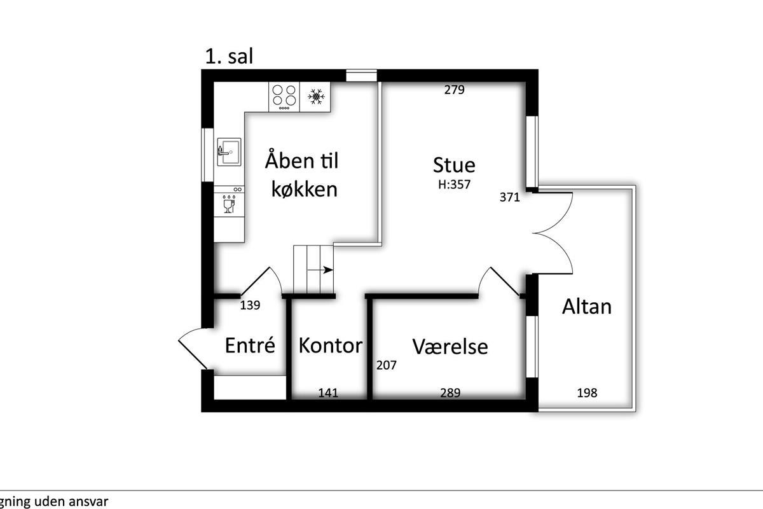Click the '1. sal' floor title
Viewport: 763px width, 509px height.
pos(230,56)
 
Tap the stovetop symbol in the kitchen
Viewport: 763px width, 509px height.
pos(284,97)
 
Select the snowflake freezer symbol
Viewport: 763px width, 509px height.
pos(316,97)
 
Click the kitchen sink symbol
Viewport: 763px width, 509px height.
pos(230,151)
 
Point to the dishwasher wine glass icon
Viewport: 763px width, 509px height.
pos(229,205)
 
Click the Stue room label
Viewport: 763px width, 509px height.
pos(454,165)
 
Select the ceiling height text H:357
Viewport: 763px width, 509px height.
pos(454,185)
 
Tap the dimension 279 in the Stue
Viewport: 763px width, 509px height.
pos(455,90)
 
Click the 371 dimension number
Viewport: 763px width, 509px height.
pos(509,197)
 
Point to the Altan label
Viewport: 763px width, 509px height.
pos(586,307)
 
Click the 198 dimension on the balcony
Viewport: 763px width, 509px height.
pos(587,393)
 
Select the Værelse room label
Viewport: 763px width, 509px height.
pos(450,346)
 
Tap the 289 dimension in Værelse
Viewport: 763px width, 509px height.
pos(450,393)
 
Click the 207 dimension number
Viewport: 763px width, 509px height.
pos(387,365)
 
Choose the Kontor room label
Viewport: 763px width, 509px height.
pos(331,345)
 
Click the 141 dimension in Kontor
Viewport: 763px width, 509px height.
pos(328,393)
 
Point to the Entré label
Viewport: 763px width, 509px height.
pos(250,345)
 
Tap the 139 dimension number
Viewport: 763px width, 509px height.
pos(250,305)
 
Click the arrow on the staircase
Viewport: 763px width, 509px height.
pos(320,270)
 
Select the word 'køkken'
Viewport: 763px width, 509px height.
pos(304,188)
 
